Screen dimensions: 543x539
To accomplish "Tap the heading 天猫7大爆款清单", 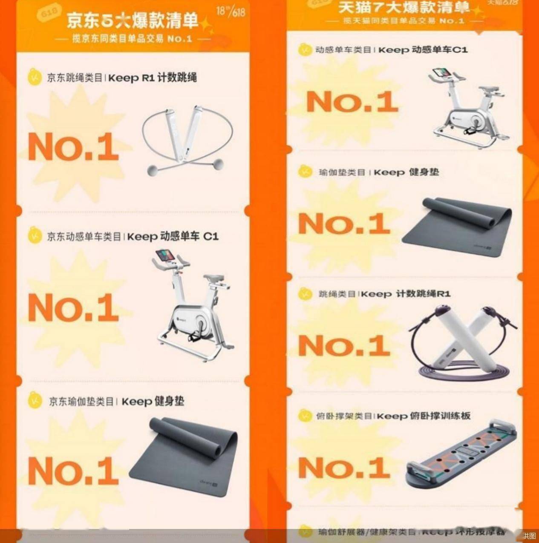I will point(404,7).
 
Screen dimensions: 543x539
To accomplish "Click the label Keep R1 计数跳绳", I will point(153,78).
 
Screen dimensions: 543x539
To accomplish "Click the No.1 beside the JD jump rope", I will point(73,147).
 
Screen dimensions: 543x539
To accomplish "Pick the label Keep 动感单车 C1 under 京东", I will point(173,236).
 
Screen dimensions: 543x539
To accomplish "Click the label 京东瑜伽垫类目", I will point(81,402).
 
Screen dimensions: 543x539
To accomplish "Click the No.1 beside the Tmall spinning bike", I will point(352,102).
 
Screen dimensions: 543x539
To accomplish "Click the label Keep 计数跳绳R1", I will point(406,294).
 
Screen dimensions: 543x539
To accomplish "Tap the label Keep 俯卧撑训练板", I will point(424,416).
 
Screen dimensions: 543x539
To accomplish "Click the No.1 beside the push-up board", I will point(344,467).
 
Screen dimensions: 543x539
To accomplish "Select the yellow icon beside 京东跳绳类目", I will point(34,78).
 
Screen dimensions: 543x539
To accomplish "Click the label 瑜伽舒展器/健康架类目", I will point(367,532).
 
